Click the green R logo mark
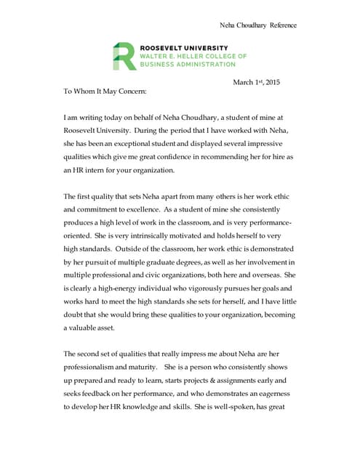(124, 56)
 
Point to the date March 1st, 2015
(256, 82)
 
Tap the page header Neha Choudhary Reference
(258, 25)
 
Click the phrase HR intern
(95, 171)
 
